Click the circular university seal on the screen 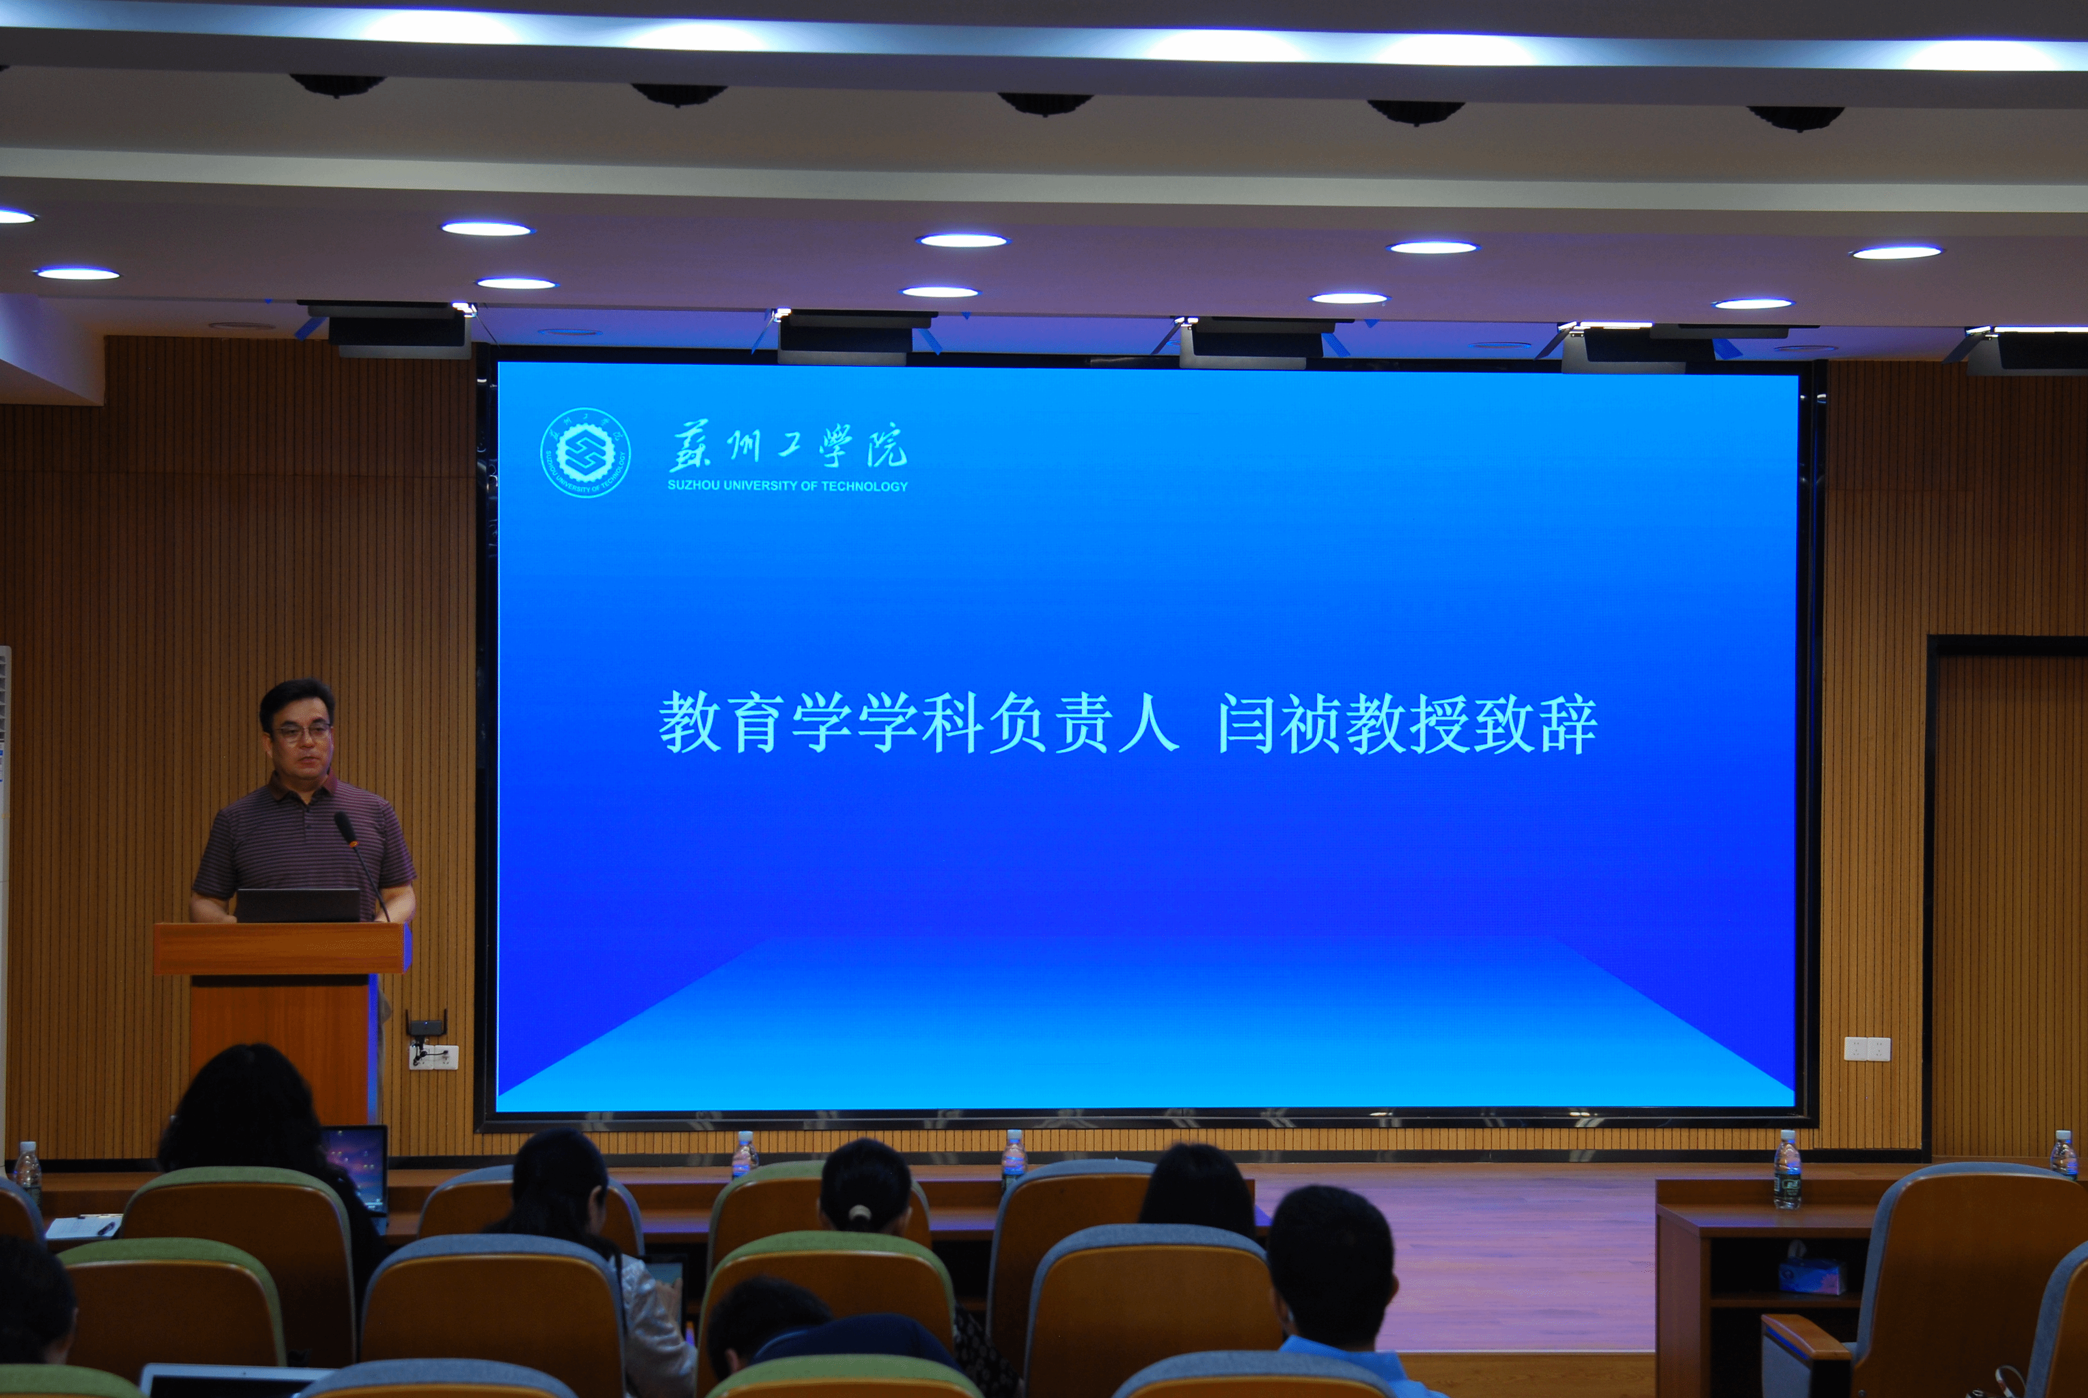pos(586,452)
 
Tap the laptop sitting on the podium pos(298,905)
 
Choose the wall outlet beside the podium pos(433,1058)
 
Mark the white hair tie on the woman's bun pos(860,1214)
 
